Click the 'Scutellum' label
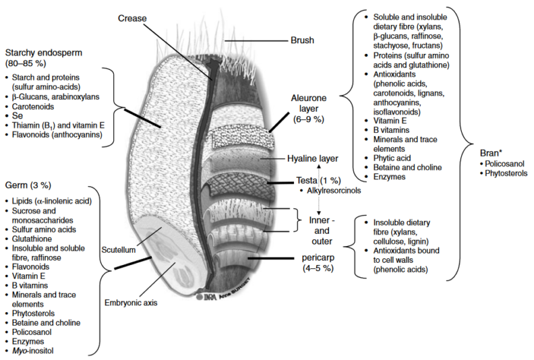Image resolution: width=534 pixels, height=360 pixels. pos(119,249)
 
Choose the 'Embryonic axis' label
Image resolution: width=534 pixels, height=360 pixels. pos(133,303)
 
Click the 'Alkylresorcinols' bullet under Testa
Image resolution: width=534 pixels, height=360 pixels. pos(332,191)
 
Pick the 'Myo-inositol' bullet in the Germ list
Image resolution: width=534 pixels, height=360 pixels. pos(33,351)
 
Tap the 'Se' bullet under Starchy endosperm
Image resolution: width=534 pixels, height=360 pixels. pos(18,115)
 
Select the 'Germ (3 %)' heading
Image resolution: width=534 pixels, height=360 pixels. pos(29,184)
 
